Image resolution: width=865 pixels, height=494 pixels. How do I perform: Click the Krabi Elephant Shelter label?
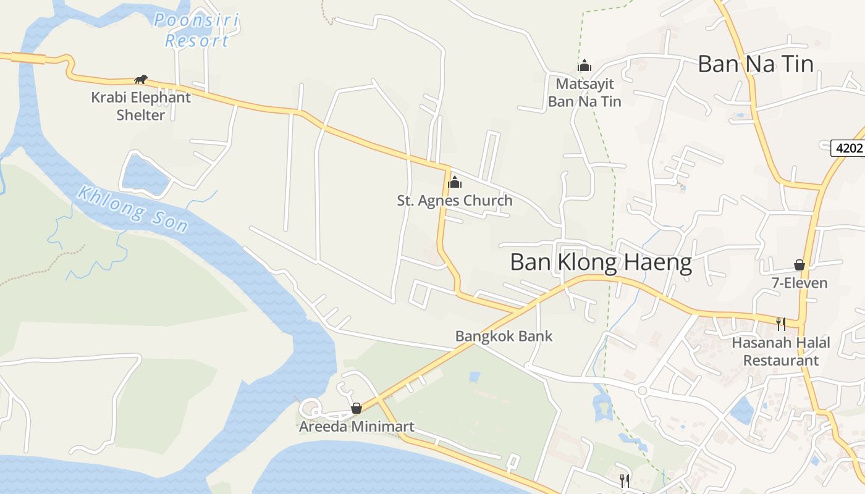point(141,106)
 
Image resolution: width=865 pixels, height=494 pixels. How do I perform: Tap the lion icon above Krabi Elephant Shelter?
point(141,79)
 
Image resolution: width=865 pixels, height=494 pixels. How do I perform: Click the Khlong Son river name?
point(132,209)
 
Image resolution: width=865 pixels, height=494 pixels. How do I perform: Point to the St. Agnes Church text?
point(455,201)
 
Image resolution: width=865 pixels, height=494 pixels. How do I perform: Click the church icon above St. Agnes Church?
point(455,182)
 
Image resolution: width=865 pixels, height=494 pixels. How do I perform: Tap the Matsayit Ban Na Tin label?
point(584,93)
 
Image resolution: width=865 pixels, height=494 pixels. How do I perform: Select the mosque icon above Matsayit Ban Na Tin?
point(584,65)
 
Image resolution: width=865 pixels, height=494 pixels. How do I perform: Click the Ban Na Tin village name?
point(755,64)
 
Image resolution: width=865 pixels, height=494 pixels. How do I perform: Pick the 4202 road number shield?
point(846,148)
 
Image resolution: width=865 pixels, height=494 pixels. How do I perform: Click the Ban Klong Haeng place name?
point(601,263)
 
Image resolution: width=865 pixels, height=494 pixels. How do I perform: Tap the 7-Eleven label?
point(800,283)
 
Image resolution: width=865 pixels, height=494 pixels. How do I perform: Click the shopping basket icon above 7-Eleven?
point(800,265)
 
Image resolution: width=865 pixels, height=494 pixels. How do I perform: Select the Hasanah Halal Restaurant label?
point(781,351)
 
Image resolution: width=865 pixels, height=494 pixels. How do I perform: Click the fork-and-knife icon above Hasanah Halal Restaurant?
point(781,324)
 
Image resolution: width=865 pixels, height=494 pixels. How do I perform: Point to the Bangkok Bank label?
point(504,337)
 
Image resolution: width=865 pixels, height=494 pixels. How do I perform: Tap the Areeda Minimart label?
point(357,427)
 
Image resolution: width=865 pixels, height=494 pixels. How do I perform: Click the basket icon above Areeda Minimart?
point(356,408)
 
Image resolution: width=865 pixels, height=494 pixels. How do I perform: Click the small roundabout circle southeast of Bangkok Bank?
point(642,391)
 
